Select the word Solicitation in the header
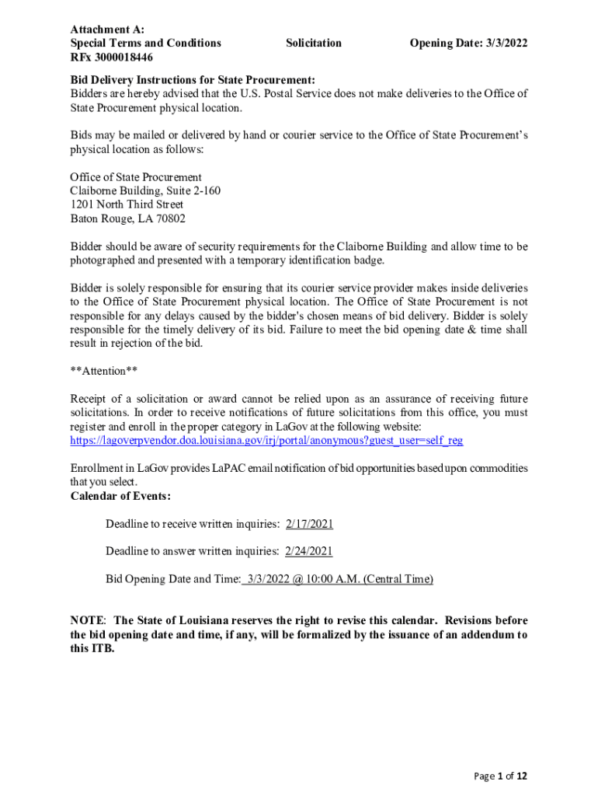(x=313, y=44)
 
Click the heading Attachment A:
(x=102, y=29)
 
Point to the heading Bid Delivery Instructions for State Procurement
(x=193, y=80)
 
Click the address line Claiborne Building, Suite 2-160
(x=145, y=191)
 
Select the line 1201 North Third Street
(x=127, y=205)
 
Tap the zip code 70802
(x=169, y=219)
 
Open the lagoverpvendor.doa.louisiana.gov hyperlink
(x=266, y=441)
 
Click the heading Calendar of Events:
(x=120, y=497)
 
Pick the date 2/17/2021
(x=309, y=525)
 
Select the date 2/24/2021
(x=309, y=552)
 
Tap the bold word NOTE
(x=88, y=621)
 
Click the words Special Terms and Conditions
(x=145, y=44)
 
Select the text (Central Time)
(x=398, y=579)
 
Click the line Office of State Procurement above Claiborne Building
(x=136, y=177)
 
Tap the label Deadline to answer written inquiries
(x=192, y=552)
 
